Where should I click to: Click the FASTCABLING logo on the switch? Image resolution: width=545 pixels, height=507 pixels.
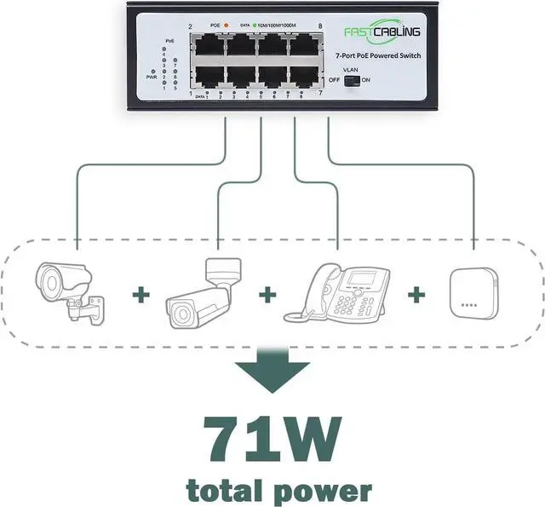pos(381,32)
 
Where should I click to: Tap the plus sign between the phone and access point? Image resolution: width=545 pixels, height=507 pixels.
pos(416,295)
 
